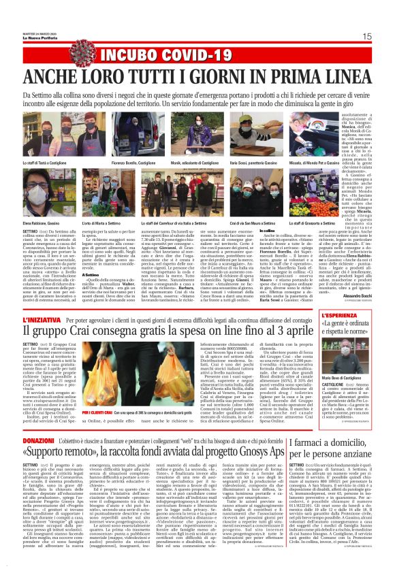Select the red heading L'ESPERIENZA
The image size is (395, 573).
pyautogui.click(x=326, y=317)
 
